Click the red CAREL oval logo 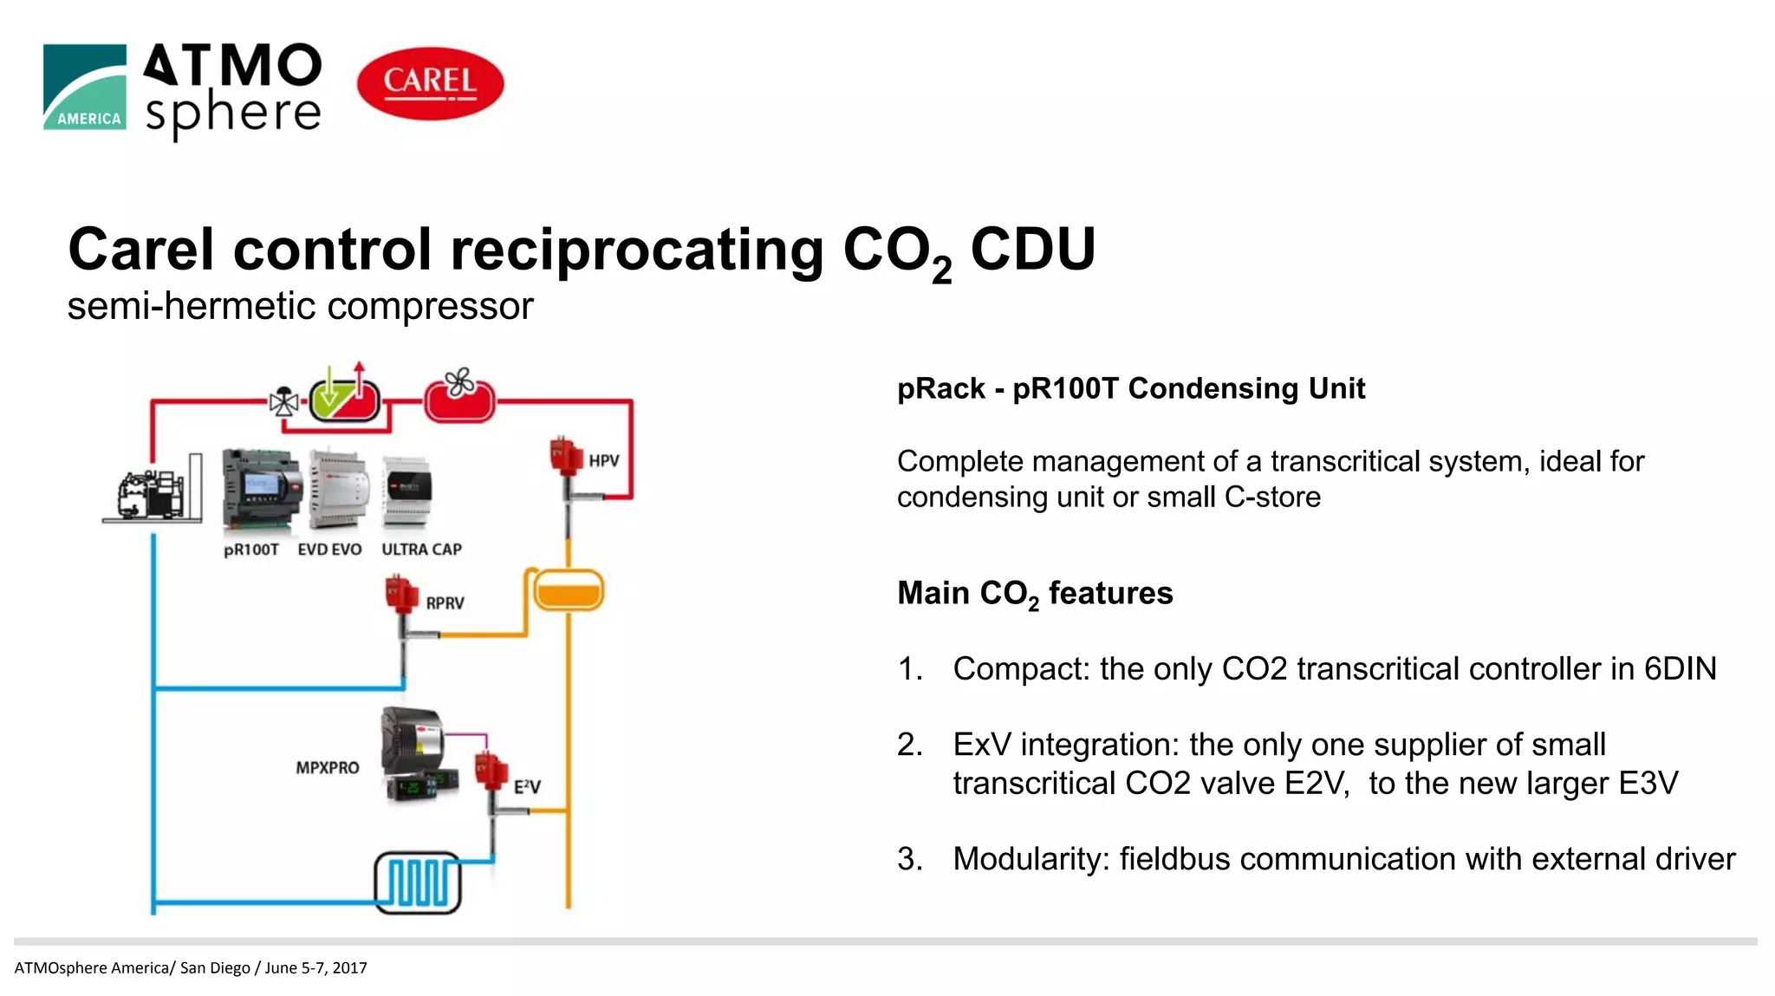430,83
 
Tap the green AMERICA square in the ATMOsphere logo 85,87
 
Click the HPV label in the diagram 603,460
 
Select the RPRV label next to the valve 445,602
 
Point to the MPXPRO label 327,767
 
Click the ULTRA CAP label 421,550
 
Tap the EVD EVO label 329,550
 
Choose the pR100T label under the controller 251,550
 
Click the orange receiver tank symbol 568,591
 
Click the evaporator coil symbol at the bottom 417,882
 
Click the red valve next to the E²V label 491,771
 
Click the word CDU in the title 1032,250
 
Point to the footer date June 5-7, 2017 315,967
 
